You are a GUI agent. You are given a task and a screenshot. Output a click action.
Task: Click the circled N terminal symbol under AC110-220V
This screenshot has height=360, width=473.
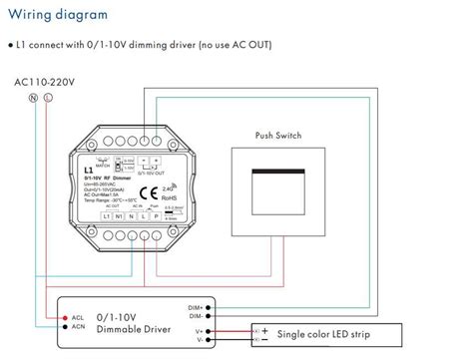33,98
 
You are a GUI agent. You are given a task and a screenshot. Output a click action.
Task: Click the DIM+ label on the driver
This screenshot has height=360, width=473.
198,308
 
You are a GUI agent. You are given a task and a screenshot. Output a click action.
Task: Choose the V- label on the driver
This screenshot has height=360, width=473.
201,339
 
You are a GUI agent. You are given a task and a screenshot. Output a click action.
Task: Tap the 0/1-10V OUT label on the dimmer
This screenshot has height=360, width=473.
151,167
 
